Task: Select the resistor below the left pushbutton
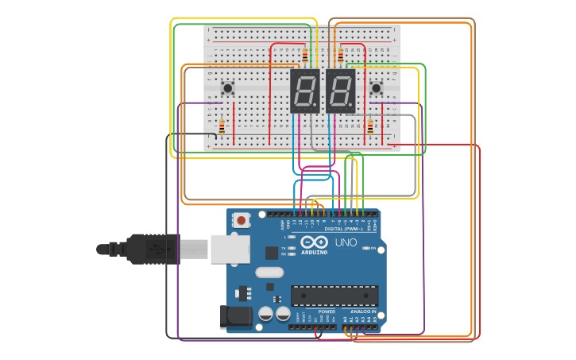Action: (x=222, y=126)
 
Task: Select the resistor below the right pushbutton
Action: (x=369, y=126)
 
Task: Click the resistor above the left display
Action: (x=305, y=55)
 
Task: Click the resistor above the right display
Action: (x=341, y=55)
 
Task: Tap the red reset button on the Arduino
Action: (x=241, y=220)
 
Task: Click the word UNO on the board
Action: (x=346, y=242)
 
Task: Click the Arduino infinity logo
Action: (x=314, y=242)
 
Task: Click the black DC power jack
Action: (x=236, y=316)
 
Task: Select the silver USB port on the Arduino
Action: (x=230, y=249)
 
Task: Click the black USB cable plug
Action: (x=151, y=249)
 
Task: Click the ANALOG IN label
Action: (x=365, y=312)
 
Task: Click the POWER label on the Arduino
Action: (x=327, y=312)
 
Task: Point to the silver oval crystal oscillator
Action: (x=269, y=272)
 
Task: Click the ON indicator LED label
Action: (x=372, y=248)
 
